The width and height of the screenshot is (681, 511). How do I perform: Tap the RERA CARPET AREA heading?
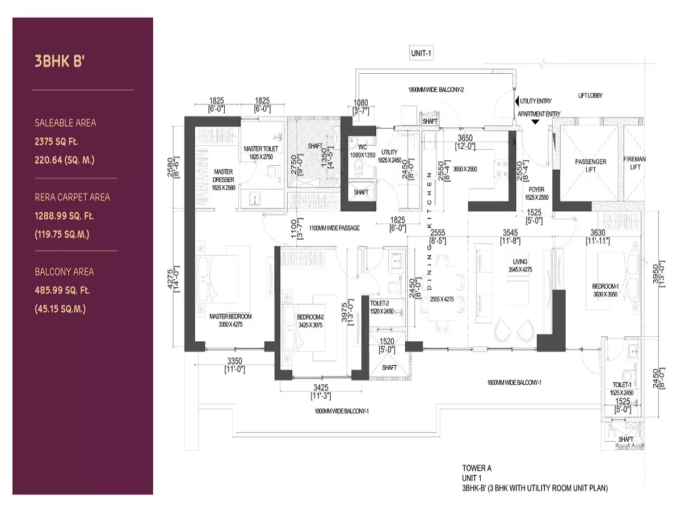[x=72, y=197]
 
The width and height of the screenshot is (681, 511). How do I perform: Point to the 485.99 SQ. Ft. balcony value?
[x=62, y=290]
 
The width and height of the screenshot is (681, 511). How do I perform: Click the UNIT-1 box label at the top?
[x=422, y=53]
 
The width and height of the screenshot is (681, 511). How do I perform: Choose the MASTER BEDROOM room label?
[x=230, y=316]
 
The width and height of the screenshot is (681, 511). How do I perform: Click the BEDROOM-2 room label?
[x=310, y=317]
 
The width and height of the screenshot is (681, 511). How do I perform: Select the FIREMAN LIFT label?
[x=634, y=163]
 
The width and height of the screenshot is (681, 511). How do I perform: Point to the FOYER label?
[x=536, y=190]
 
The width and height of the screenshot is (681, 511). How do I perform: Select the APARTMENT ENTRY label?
[x=539, y=114]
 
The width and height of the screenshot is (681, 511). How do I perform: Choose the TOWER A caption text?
[x=477, y=468]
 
